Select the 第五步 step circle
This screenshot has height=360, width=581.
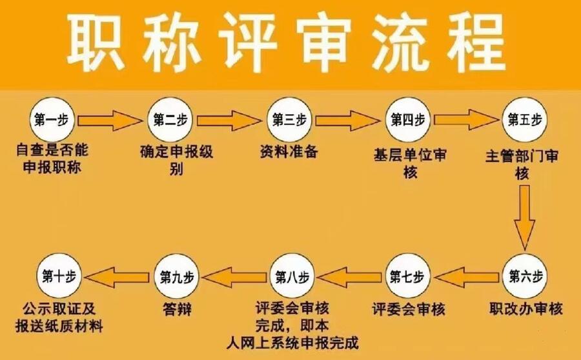click(525, 119)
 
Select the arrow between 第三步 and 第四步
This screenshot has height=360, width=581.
click(348, 119)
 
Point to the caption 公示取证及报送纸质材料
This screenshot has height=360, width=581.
click(62, 317)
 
